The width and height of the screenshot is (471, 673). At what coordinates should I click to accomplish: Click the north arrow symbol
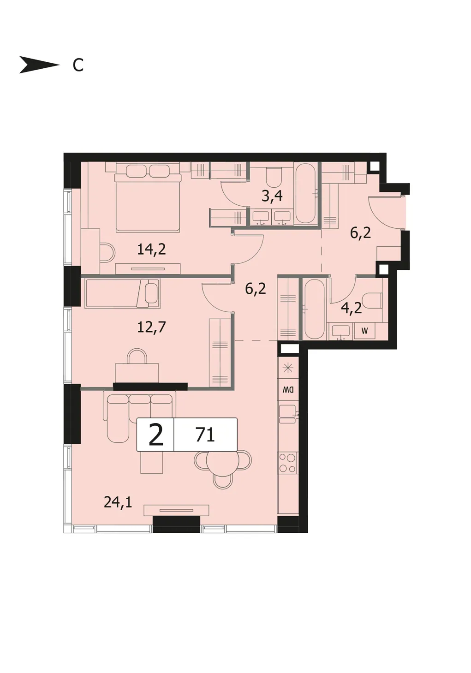point(39,64)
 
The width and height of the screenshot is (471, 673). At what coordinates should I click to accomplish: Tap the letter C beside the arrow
point(78,65)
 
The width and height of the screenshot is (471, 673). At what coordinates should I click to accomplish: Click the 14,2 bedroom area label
point(151,250)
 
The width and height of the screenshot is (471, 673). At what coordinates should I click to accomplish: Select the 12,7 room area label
point(151,327)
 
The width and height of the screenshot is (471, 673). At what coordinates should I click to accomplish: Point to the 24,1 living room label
point(118,502)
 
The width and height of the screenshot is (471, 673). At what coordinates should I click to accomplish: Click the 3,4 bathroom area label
point(272,197)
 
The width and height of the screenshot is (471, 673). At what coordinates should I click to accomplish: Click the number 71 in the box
point(205,435)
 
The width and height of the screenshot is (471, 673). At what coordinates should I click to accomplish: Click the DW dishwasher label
point(288,390)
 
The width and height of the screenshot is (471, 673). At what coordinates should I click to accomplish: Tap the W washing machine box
point(364,331)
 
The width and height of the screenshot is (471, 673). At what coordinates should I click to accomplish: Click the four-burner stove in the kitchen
point(288,463)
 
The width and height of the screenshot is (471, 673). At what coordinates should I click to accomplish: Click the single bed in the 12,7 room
point(123,293)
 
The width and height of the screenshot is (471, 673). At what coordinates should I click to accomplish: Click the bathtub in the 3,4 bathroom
point(305,193)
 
